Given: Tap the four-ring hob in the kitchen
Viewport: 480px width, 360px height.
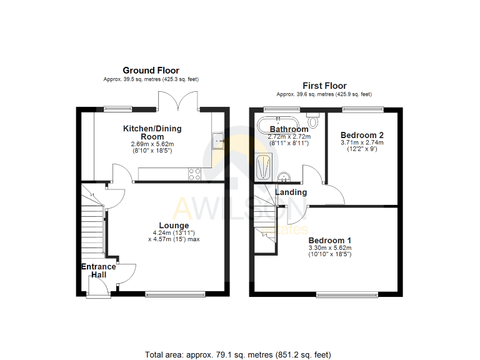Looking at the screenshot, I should pos(194,174).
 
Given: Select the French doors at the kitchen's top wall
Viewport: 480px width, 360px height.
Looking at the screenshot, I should pos(179,100).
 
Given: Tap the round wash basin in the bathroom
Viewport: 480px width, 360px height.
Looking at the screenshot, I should pos(283,176).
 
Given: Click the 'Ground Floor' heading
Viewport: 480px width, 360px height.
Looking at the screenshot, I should pos(151,71).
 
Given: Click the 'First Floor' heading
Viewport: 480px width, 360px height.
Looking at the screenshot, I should pos(324,86).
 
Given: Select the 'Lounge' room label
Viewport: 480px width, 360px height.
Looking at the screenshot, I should pos(174,226).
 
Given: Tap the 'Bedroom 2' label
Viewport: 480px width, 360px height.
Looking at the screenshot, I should pos(361,135).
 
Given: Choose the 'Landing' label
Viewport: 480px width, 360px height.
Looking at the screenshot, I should pos(291,192).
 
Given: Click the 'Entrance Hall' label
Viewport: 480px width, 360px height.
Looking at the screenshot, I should pos(98,271).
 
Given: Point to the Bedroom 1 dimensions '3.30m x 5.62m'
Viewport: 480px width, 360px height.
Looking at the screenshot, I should pos(329,248).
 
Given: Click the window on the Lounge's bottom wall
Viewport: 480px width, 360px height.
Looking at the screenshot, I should pos(175,294).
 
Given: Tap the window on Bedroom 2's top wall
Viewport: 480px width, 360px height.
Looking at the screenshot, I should pos(362,109).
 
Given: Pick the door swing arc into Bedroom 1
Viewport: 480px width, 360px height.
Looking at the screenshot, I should pos(297,214).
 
